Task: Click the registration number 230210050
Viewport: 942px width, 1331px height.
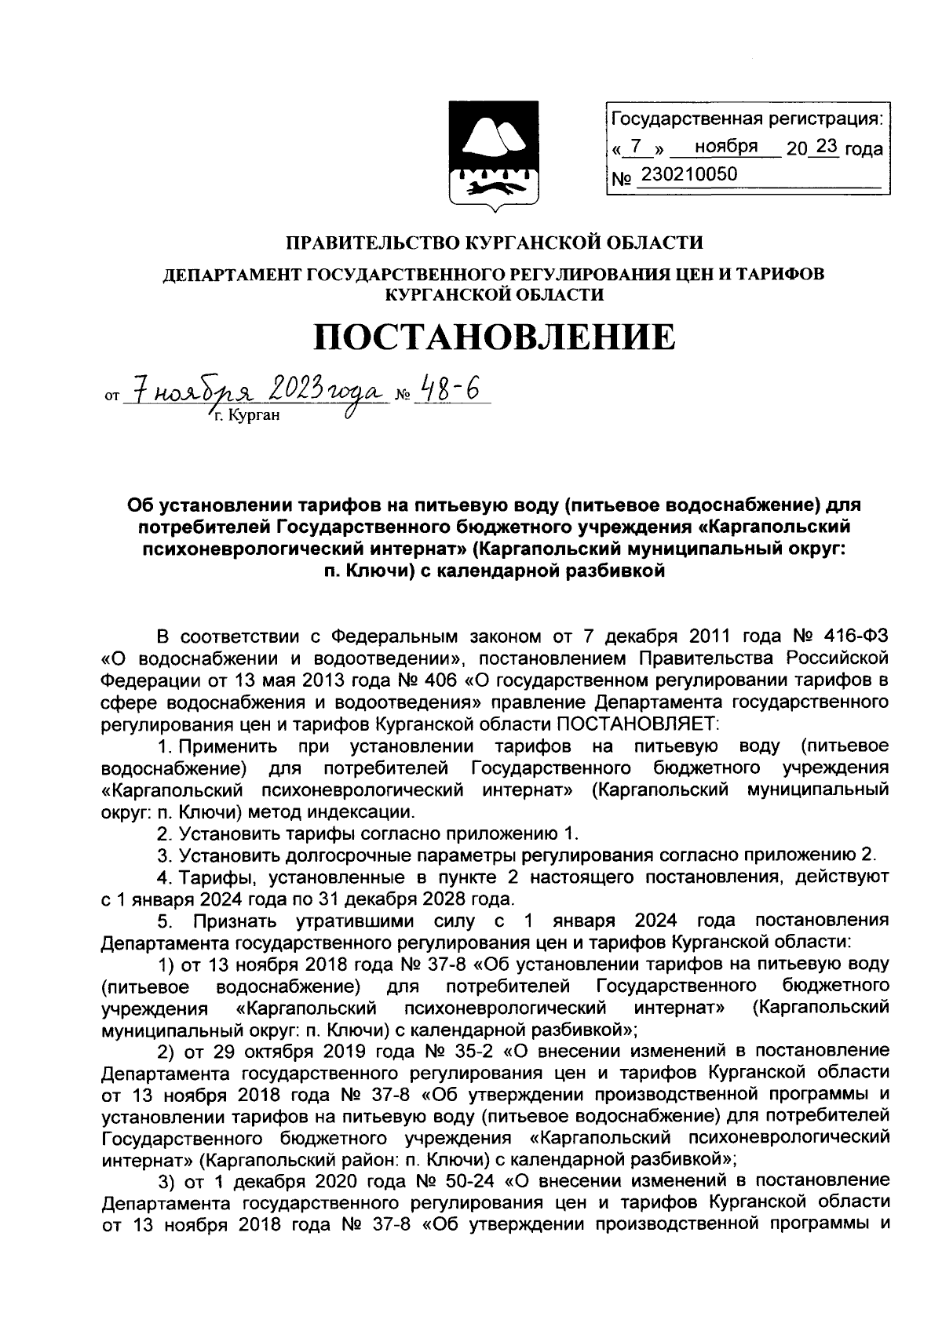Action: pyautogui.click(x=689, y=174)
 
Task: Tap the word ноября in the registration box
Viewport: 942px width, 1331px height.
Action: pyautogui.click(x=725, y=147)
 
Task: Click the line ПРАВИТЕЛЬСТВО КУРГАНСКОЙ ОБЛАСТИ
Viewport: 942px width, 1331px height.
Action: pyautogui.click(x=494, y=242)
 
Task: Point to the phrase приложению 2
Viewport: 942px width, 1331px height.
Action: pyautogui.click(x=816, y=854)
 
